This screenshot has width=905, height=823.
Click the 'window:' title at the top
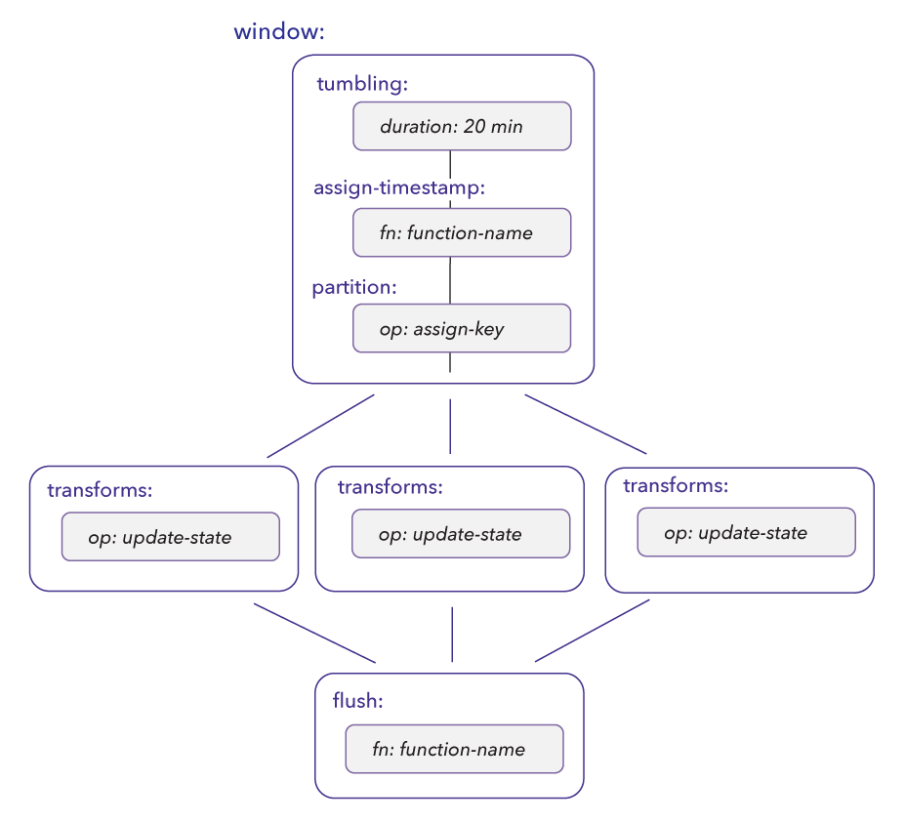[278, 32]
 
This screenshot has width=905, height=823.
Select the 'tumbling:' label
[361, 84]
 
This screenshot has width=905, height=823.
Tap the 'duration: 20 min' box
[462, 126]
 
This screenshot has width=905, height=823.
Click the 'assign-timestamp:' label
[398, 187]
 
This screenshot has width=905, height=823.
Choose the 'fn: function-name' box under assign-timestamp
[462, 232]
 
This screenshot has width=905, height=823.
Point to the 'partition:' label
[353, 288]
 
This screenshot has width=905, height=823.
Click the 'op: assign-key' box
[462, 328]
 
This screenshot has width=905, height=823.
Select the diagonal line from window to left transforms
[320, 426]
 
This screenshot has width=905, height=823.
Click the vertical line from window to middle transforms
[450, 426]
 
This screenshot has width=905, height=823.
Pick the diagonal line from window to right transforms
[586, 425]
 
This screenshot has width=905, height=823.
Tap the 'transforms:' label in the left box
[100, 490]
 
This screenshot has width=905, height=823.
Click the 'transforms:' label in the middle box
[390, 486]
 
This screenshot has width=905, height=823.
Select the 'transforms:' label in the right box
[676, 485]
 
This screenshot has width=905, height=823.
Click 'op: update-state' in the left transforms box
[171, 537]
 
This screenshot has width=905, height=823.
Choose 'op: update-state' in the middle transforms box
[461, 534]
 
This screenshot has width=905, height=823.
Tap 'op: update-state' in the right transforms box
[747, 532]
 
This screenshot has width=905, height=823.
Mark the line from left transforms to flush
[314, 633]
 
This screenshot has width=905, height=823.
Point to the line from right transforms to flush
[593, 631]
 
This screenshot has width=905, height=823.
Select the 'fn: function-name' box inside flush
[454, 749]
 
